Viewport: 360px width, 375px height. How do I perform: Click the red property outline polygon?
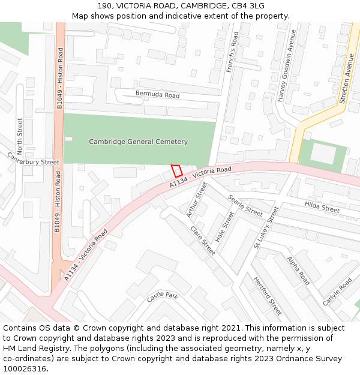(176, 171)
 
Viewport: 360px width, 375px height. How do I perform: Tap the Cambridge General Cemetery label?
(138, 142)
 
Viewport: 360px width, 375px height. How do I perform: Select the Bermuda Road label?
(157, 95)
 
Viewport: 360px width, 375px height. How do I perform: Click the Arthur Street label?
(196, 200)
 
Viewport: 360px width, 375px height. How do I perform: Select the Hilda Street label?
(322, 208)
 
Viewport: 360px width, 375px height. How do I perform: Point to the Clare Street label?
(202, 240)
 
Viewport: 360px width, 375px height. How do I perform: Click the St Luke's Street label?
(266, 227)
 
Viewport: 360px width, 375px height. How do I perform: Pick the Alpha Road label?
(298, 271)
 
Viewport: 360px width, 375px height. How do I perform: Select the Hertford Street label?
(267, 296)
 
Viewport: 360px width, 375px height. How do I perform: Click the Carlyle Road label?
(337, 292)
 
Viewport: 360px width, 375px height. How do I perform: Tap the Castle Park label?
(163, 297)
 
